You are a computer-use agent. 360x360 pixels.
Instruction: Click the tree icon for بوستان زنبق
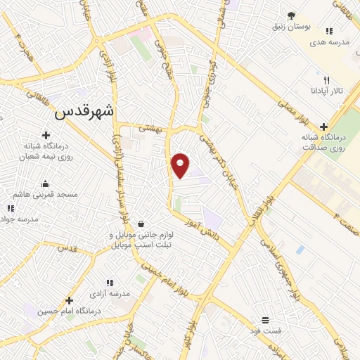click(290, 16)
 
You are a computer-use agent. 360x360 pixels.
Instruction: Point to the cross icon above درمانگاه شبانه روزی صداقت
click(323, 126)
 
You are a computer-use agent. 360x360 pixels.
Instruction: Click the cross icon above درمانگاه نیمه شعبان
click(46, 135)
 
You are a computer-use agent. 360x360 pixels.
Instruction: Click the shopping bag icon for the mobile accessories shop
click(141, 224)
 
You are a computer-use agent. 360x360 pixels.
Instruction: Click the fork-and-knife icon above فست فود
click(266, 319)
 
